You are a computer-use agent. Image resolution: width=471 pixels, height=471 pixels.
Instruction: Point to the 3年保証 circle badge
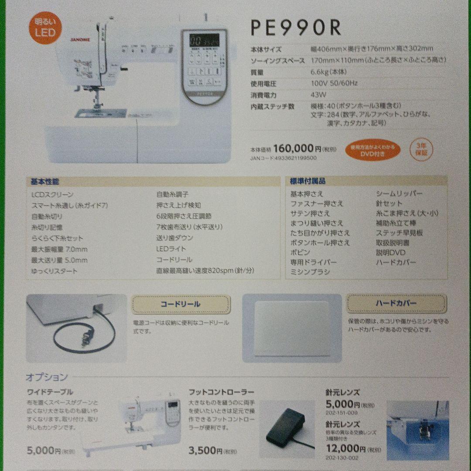422,149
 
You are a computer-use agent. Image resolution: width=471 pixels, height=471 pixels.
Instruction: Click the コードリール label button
181,304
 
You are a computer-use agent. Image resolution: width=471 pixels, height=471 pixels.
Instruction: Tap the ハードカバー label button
396,303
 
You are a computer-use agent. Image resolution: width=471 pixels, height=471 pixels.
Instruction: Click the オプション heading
47,377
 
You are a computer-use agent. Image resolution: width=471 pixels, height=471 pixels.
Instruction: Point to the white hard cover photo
292,328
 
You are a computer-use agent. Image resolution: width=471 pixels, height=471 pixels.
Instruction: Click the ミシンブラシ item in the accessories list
311,272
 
